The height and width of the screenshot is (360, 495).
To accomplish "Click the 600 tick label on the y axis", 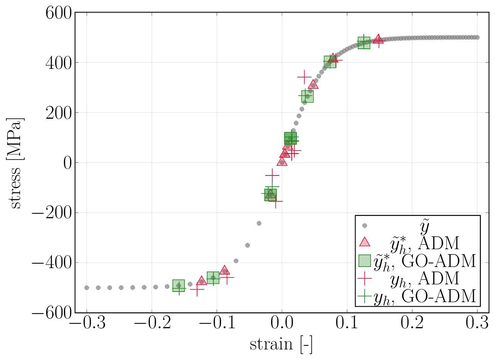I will (58, 13).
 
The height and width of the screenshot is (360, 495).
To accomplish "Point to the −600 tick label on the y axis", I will (52, 313).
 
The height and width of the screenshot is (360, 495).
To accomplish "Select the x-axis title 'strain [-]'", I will (281, 344).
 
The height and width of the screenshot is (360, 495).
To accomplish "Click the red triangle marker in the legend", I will (365, 242).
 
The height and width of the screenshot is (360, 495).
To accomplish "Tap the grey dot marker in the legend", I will (365, 226).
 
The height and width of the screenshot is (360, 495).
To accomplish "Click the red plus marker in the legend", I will (365, 278).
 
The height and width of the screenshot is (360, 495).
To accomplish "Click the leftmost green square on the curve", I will (178, 286).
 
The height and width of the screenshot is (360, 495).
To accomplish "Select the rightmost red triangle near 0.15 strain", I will (378, 39).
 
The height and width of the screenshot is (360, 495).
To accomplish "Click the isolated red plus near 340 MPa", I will (304, 77).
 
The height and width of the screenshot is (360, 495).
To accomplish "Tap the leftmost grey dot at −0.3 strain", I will (87, 288).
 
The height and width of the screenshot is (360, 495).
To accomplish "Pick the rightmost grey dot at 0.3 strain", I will (477, 37).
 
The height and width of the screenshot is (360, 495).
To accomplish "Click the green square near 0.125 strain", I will (364, 43).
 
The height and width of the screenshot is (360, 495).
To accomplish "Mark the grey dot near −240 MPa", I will (259, 223).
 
